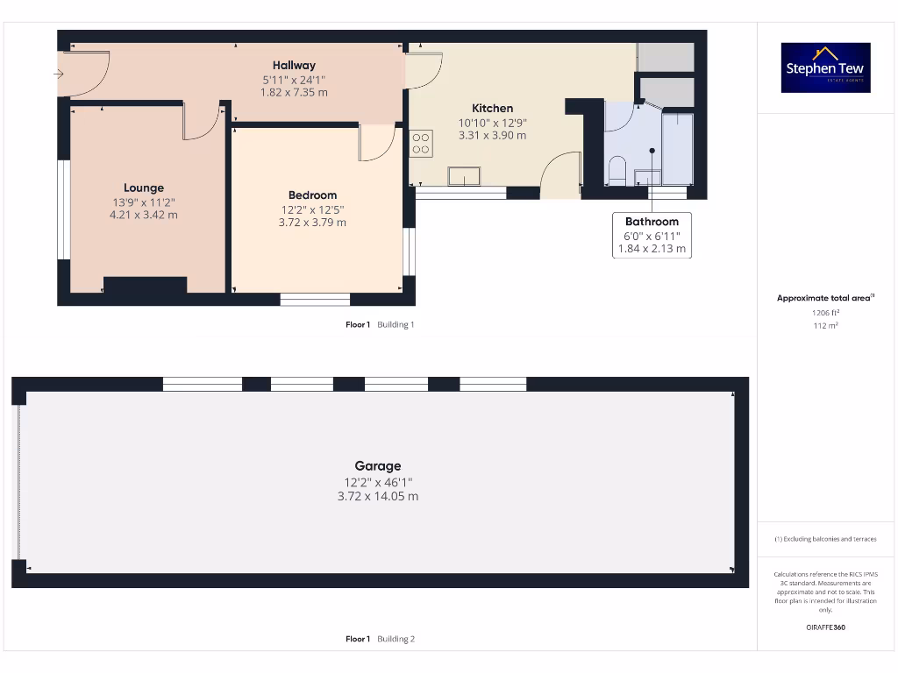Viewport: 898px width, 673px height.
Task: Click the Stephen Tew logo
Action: point(825,67)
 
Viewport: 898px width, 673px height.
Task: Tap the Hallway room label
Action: point(294,65)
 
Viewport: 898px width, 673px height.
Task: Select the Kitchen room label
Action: point(492,108)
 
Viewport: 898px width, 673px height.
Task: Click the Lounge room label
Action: point(143,188)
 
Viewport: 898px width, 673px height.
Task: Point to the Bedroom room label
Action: point(312,195)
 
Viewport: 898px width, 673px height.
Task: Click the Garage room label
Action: point(378,466)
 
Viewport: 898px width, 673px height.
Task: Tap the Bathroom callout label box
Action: point(652,235)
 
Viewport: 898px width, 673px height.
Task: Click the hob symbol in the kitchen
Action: point(421,144)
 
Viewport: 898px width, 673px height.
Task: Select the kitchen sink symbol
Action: point(463,177)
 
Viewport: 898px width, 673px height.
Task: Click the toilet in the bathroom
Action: point(616,171)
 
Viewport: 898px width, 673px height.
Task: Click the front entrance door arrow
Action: point(59,74)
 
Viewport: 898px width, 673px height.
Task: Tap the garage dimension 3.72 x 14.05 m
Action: point(378,496)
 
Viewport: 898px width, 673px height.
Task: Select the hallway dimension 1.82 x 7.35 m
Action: point(294,92)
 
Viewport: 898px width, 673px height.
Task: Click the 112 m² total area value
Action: point(825,326)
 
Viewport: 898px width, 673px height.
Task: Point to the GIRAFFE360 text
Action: point(825,627)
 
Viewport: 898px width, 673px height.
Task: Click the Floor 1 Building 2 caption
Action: point(380,639)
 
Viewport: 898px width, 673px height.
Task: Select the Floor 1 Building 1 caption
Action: point(380,324)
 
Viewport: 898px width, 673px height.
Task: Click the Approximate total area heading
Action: point(825,298)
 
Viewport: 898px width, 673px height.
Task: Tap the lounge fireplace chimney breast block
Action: point(145,285)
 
